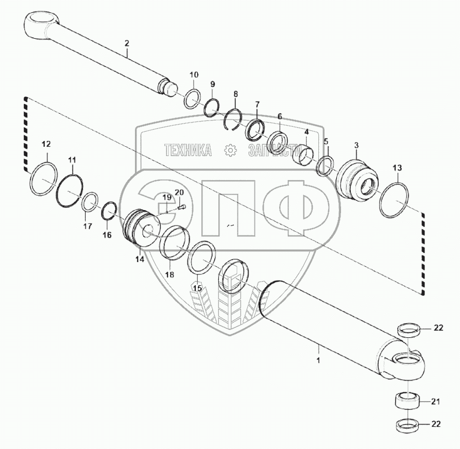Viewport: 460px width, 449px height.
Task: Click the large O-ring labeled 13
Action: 396,200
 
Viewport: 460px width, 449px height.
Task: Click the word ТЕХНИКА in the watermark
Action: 188,150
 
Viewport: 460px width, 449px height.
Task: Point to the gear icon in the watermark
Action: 230,150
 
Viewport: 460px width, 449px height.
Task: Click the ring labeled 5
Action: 325,166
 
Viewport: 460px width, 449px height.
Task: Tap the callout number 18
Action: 169,274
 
